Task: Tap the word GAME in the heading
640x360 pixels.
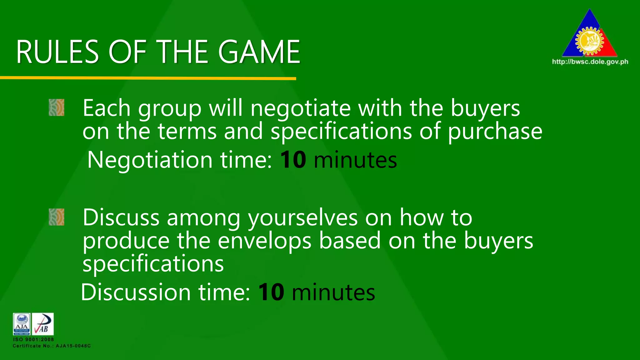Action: tap(259, 52)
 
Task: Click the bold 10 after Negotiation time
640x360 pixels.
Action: tap(293, 160)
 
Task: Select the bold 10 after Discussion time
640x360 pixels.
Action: tap(271, 292)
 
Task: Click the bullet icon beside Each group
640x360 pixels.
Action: tap(57, 107)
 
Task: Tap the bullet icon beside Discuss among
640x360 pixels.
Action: tap(57, 217)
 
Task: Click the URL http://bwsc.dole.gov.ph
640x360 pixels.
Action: tap(590, 62)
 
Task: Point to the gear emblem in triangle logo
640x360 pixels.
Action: tap(589, 41)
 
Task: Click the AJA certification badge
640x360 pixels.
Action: tap(22, 324)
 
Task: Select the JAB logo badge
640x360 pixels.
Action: tap(43, 324)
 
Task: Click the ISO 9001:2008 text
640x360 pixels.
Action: tap(33, 339)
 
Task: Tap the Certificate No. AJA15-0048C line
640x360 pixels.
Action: tap(52, 346)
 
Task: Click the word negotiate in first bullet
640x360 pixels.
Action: tap(301, 108)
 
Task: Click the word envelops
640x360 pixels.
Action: tap(264, 241)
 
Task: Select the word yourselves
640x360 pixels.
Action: tap(302, 218)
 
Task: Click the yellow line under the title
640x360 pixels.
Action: tap(148, 78)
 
